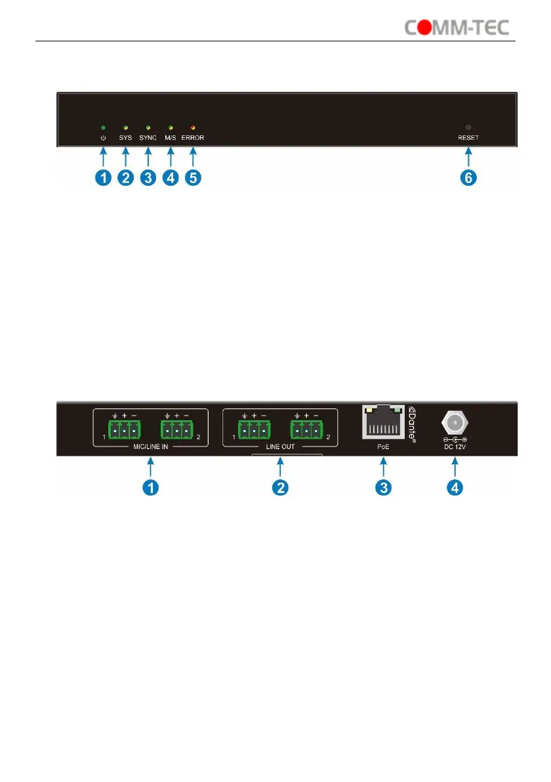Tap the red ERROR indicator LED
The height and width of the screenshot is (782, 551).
point(193,127)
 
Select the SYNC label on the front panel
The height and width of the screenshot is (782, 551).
point(149,139)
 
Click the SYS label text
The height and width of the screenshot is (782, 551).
point(125,139)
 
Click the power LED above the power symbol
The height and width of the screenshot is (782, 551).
point(102,127)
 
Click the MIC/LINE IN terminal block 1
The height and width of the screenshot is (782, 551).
point(121,431)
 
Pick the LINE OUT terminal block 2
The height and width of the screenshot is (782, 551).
point(307,431)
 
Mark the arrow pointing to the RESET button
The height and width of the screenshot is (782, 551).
point(469,156)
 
